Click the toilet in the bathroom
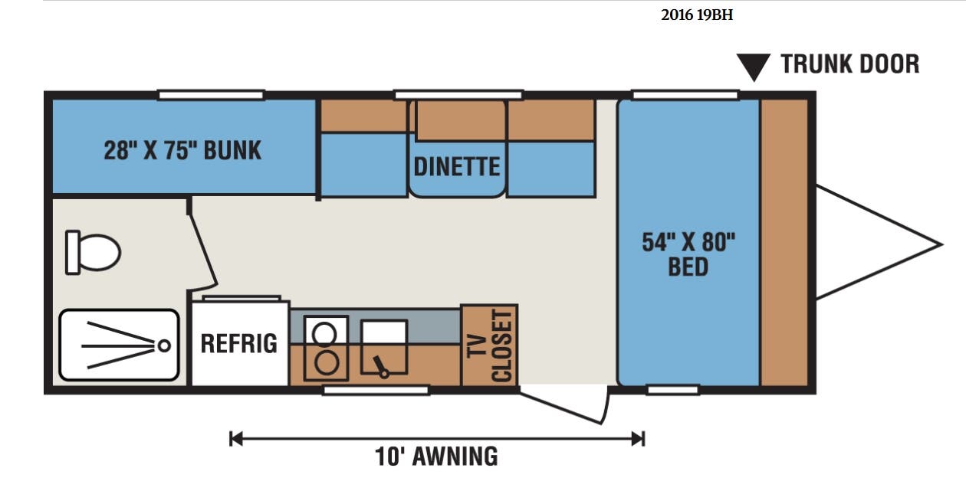tap(93, 252)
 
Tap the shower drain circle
tap(164, 345)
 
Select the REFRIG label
tap(239, 344)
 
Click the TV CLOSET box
tap(489, 345)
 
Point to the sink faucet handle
tap(381, 367)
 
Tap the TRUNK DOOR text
tap(850, 64)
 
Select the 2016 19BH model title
tap(697, 15)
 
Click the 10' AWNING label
tap(436, 457)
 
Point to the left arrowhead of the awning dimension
tap(236, 439)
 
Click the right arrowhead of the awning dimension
tap(638, 439)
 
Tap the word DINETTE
tap(457, 167)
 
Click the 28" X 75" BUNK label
tap(182, 150)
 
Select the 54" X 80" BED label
tap(688, 254)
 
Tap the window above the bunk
tap(211, 95)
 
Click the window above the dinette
tap(458, 95)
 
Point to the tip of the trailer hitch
tap(941, 244)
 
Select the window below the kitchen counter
tap(376, 390)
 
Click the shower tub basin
tap(119, 345)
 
